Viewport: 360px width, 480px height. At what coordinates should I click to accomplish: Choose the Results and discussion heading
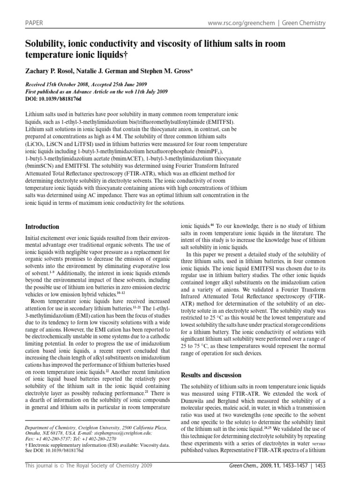pos(211,375)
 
